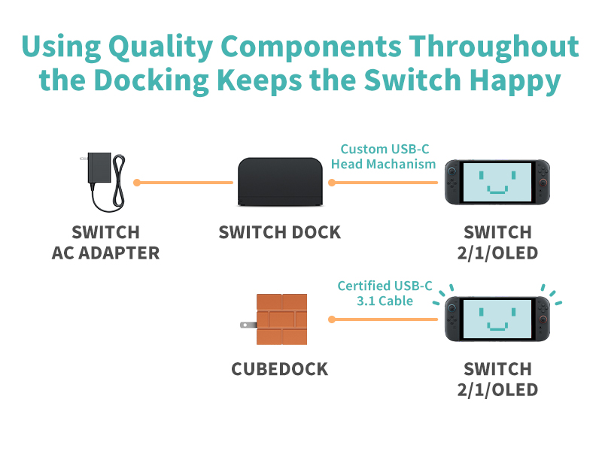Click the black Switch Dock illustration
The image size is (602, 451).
[279, 183]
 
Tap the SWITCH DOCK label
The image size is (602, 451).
[279, 232]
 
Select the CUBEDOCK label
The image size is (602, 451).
[279, 370]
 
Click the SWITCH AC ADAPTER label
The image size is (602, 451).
[105, 242]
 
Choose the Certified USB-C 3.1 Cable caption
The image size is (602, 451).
[385, 293]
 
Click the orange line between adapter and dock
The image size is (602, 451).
[184, 183]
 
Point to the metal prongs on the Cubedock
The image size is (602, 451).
[246, 325]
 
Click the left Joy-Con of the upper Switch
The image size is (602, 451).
[453, 183]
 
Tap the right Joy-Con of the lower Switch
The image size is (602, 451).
[541, 319]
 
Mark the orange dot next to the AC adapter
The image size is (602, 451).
[137, 183]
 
